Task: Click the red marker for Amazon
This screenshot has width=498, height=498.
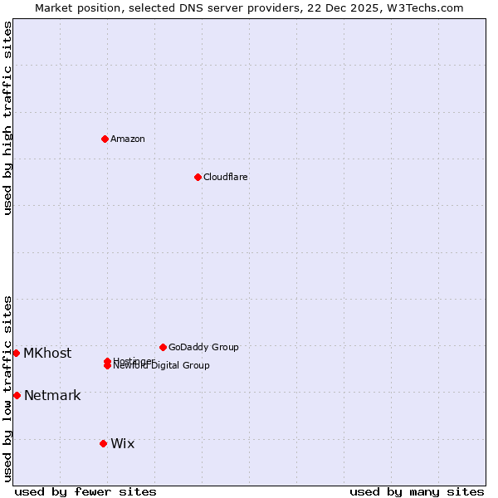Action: click(x=105, y=139)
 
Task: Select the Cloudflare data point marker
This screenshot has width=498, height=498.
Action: click(x=198, y=177)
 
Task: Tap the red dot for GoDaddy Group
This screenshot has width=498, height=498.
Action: click(x=163, y=347)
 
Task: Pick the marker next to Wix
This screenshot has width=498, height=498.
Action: click(x=103, y=443)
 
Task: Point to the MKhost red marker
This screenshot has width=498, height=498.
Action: click(x=16, y=353)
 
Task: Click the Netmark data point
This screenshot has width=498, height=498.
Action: click(x=17, y=395)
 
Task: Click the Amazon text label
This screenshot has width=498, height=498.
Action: click(x=127, y=139)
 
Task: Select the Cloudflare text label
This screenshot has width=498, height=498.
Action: click(x=225, y=177)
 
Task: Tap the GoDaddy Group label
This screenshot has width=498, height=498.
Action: click(x=203, y=347)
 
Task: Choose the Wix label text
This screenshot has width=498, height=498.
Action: click(x=122, y=443)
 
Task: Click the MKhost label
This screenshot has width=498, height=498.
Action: click(x=47, y=353)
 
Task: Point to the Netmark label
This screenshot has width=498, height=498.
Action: click(x=52, y=395)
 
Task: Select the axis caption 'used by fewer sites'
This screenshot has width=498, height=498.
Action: click(x=85, y=491)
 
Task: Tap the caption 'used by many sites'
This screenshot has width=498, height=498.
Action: click(x=417, y=491)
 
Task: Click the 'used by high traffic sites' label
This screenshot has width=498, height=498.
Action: click(x=8, y=118)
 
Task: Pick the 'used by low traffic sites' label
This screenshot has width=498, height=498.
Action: click(x=8, y=388)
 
